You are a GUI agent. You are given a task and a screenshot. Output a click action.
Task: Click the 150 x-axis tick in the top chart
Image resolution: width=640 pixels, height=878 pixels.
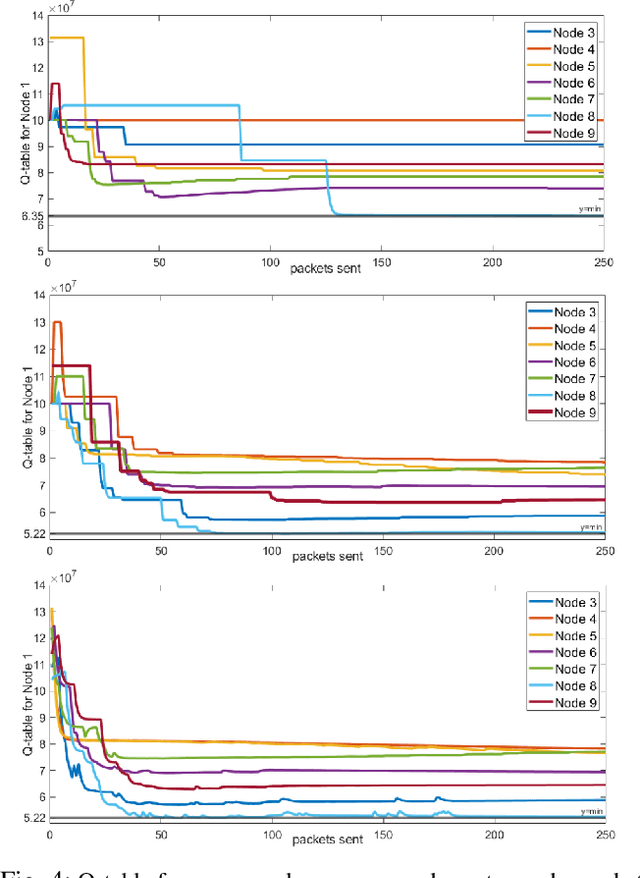pos(381,263)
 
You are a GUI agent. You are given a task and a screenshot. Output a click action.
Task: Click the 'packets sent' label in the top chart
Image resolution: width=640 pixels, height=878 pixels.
pos(325,269)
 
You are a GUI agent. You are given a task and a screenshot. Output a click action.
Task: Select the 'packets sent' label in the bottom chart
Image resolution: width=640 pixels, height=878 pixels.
pos(325,840)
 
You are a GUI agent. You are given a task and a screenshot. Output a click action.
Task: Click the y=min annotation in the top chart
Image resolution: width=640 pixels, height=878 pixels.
pos(590,208)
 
